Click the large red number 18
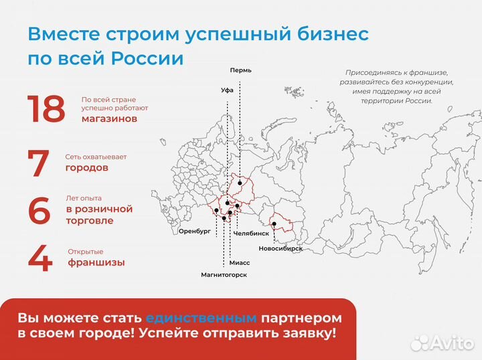click(x=46, y=109)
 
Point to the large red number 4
click(x=40, y=259)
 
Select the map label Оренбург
click(x=195, y=230)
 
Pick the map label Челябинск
click(x=252, y=234)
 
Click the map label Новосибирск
click(x=280, y=248)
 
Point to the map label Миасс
click(x=240, y=263)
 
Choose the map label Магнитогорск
click(x=224, y=274)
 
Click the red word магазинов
click(x=109, y=118)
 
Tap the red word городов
click(x=86, y=168)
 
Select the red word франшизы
click(x=96, y=263)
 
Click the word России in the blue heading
click(x=146, y=58)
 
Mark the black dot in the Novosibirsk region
click(x=274, y=224)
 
